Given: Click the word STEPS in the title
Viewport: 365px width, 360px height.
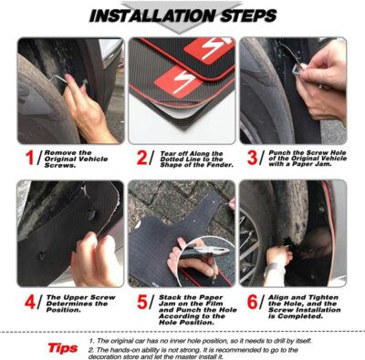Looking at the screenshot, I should [x=244, y=15].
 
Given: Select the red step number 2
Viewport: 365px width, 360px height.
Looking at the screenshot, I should [x=141, y=159].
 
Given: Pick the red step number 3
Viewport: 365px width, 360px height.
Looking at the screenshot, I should [x=252, y=159].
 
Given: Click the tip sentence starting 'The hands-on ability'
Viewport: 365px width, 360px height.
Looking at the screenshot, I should [x=224, y=351].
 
